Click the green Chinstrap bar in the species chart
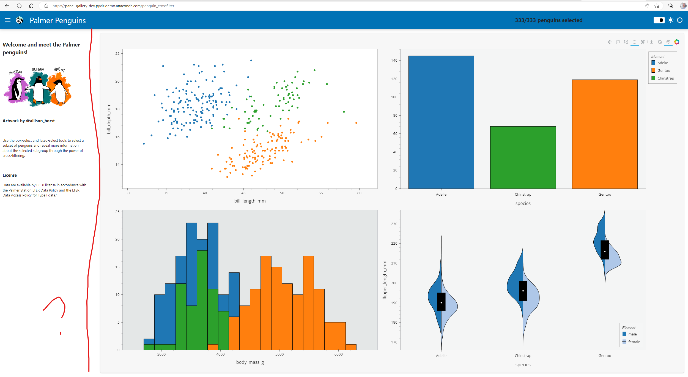click(523, 157)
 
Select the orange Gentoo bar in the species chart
click(604, 134)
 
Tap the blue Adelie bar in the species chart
click(441, 122)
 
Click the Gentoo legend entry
click(663, 71)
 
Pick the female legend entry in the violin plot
click(634, 342)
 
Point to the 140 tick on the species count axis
click(394, 61)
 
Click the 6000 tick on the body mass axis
click(338, 354)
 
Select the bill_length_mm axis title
click(250, 201)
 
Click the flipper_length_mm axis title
click(385, 280)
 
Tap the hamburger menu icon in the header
click(8, 20)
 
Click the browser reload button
click(19, 6)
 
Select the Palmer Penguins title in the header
click(57, 20)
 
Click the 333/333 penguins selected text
click(549, 20)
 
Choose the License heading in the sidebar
click(10, 175)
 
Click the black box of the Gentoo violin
click(604, 250)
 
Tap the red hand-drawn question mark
click(56, 308)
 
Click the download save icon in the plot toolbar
click(651, 42)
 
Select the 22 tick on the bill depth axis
click(117, 54)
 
